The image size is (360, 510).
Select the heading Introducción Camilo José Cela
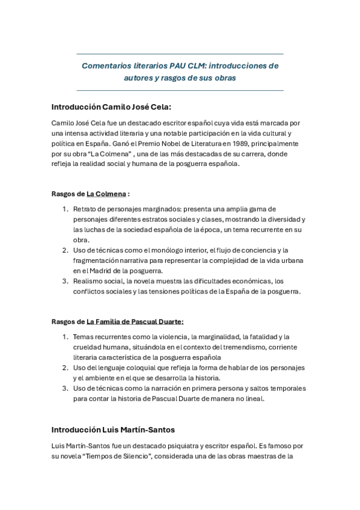pos(112,107)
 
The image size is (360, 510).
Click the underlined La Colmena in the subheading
pos(106,194)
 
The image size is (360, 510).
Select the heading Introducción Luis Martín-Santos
pos(113,430)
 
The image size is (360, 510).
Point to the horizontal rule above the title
pos(180,54)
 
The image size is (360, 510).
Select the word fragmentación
pos(97,260)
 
